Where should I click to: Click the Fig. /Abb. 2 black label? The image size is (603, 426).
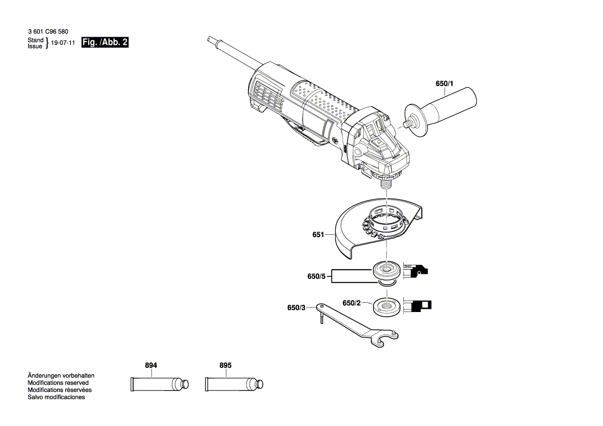pos(105,43)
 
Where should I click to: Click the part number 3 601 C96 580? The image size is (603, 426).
pos(48,32)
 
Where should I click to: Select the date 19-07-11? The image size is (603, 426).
pos(63,43)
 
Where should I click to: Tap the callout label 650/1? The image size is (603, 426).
pos(444,84)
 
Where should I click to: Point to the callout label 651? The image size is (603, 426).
pos(318,235)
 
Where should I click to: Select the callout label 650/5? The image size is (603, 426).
pos(316,277)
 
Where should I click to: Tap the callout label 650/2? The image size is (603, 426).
pos(351,303)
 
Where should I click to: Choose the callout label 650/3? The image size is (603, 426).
pos(296,308)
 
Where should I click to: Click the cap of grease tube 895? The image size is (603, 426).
pos(260,384)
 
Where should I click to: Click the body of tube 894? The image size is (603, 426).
pos(153,384)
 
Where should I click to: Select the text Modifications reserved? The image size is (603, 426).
pos(58,383)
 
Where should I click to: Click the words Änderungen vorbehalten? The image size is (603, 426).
pos(61,376)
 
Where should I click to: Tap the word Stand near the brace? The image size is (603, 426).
pos(35,40)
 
